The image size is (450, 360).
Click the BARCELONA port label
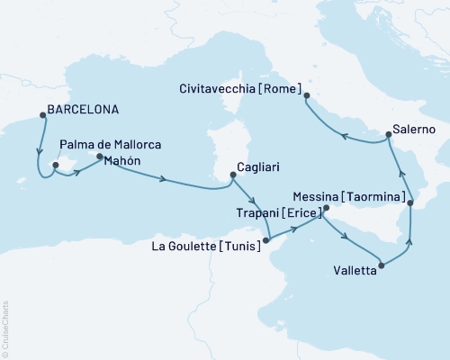[83, 112]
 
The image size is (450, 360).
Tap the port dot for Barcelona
[41, 114]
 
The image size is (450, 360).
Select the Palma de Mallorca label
[103, 143]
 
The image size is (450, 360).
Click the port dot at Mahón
[99, 157]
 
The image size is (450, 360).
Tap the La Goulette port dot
[267, 240]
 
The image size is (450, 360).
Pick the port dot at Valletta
[382, 265]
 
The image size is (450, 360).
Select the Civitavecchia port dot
[307, 95]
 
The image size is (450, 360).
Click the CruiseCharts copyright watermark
[4, 328]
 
